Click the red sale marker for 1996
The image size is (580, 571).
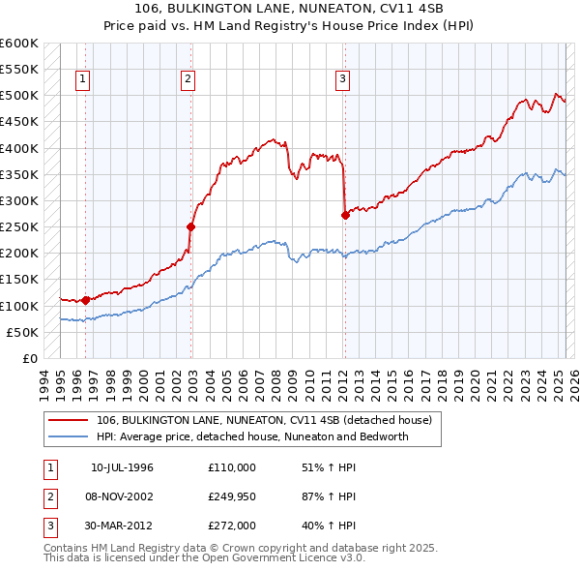pyautogui.click(x=86, y=300)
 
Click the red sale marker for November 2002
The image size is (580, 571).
pyautogui.click(x=191, y=226)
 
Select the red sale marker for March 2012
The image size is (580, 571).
pyautogui.click(x=345, y=215)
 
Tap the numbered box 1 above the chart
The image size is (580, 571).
pyautogui.click(x=83, y=80)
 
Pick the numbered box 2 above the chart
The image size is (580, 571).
pyautogui.click(x=188, y=80)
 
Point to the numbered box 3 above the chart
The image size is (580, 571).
pyautogui.click(x=343, y=80)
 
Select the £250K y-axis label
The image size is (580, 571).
pyautogui.click(x=19, y=227)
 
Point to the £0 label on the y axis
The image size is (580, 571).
pyautogui.click(x=31, y=358)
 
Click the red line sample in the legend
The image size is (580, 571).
pyautogui.click(x=69, y=420)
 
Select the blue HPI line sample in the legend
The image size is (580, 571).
pyautogui.click(x=69, y=436)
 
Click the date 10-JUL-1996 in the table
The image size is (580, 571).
pyautogui.click(x=122, y=467)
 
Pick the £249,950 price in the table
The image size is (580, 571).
pyautogui.click(x=232, y=496)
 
